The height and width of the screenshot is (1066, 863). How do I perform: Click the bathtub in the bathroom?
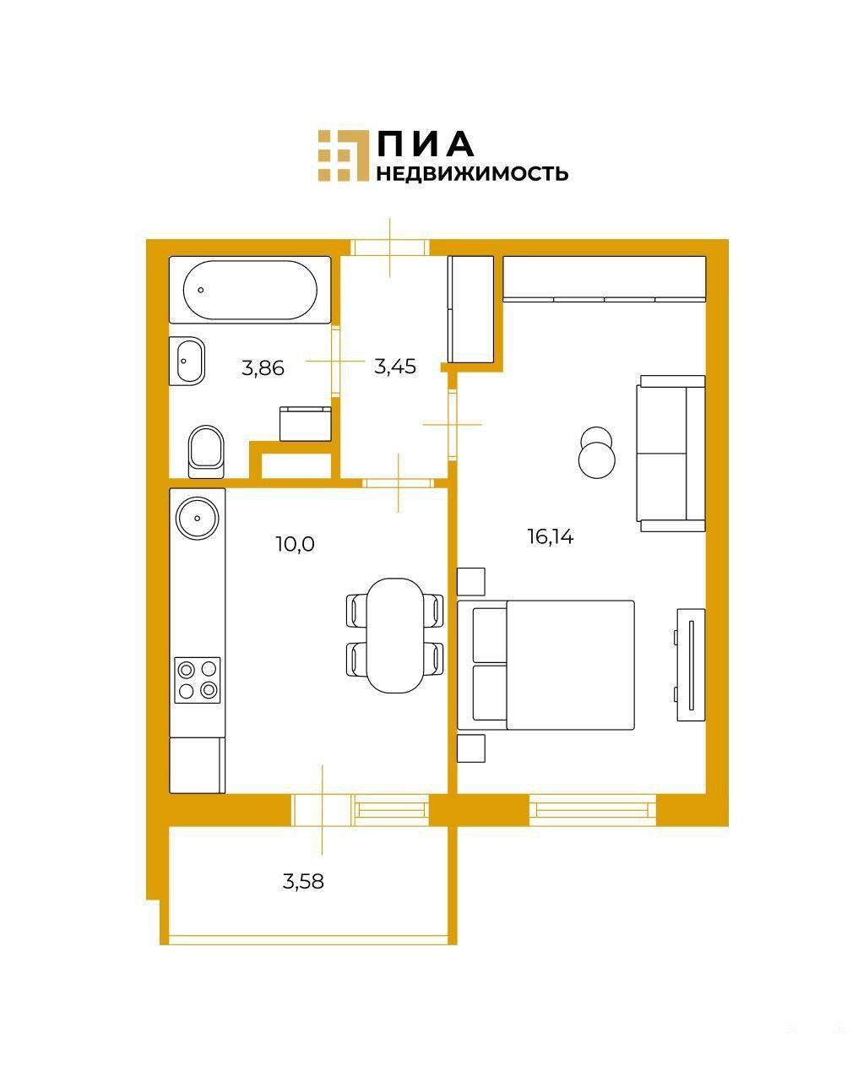(250, 290)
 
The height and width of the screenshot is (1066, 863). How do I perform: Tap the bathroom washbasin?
(187, 361)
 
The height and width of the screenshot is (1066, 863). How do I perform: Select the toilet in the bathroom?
(206, 451)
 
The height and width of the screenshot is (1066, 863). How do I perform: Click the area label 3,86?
(263, 368)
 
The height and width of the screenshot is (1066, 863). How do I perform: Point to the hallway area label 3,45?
(394, 367)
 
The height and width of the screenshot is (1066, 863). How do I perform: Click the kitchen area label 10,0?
(296, 544)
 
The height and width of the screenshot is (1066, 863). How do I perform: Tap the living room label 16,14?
(551, 537)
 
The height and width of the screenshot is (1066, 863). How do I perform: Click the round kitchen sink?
(198, 519)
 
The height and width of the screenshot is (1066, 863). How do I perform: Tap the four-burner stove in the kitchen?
(197, 680)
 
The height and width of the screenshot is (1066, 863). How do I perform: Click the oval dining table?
(394, 635)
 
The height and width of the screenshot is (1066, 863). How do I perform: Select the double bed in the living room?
(546, 665)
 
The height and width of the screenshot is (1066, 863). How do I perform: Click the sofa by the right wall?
(670, 454)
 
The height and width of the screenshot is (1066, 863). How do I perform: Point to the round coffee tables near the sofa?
(596, 451)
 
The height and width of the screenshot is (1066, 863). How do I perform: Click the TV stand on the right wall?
(691, 665)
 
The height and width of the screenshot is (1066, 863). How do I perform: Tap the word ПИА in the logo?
(426, 144)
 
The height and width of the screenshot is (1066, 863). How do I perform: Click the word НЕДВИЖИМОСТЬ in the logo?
(472, 174)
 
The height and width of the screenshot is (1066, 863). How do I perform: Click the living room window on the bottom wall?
(593, 810)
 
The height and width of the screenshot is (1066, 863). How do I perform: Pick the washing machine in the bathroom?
(305, 423)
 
